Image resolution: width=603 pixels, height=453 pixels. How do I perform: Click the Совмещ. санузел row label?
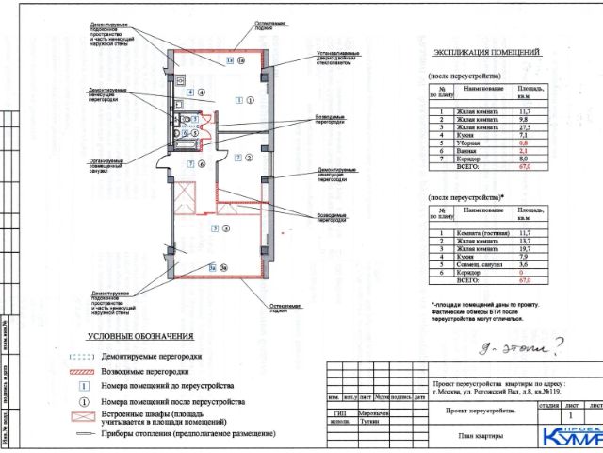click(480, 265)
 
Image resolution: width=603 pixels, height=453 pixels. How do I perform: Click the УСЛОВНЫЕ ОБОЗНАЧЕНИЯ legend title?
click(140, 337)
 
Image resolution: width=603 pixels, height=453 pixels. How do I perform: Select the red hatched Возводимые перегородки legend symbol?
click(84, 372)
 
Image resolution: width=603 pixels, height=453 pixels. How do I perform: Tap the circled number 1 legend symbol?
click(84, 401)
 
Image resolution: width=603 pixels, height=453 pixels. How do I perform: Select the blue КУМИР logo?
click(571, 435)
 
